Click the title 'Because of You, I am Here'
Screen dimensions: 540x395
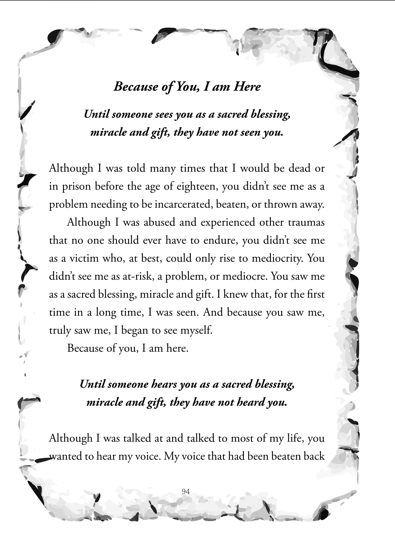187,87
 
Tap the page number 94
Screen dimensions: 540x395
186,491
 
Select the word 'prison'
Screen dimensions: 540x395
75,186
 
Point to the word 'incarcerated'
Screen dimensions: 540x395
183,204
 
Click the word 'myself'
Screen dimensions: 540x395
196,330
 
